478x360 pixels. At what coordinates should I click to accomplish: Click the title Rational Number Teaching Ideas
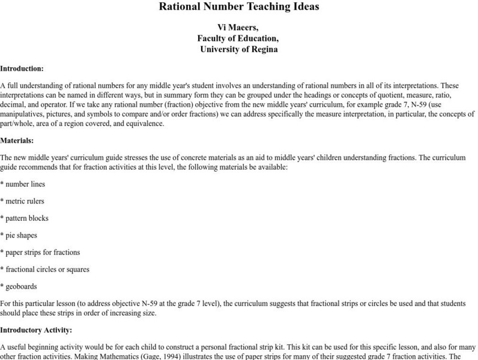[x=239, y=7]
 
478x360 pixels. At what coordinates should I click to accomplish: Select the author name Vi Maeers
[x=238, y=27]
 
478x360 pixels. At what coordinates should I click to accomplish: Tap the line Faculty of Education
[x=238, y=38]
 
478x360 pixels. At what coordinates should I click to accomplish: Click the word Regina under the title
[x=262, y=49]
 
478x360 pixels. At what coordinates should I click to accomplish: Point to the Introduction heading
[x=22, y=68]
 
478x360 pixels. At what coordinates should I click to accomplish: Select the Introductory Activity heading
[x=35, y=329]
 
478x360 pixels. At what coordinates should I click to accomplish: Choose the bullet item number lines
[x=24, y=184]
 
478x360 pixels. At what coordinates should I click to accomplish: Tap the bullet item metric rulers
[x=24, y=201]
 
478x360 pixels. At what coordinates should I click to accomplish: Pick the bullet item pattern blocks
[x=26, y=218]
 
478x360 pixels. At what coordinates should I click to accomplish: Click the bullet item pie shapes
[x=22, y=235]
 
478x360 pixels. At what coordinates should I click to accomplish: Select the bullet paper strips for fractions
[x=42, y=252]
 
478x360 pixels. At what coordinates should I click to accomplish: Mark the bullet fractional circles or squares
[x=47, y=269]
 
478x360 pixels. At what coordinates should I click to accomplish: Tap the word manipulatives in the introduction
[x=22, y=115]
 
